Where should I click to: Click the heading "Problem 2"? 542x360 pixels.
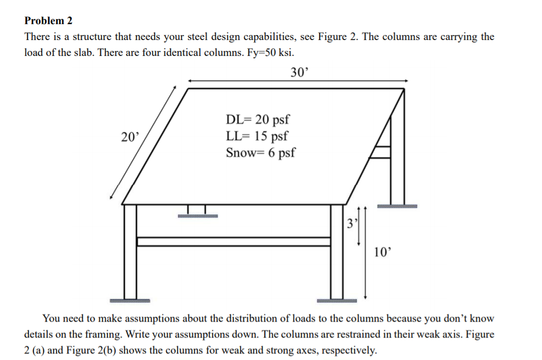[x=48, y=21]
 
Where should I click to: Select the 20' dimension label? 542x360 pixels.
[x=130, y=137]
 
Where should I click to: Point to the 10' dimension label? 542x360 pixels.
[x=383, y=252]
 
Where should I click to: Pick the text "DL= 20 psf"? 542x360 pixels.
[x=258, y=119]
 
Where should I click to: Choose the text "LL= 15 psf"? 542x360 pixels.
[x=256, y=136]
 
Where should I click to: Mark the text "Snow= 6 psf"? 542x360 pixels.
[x=260, y=152]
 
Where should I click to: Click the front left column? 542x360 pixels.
[x=130, y=252]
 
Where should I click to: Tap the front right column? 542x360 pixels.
[x=336, y=252]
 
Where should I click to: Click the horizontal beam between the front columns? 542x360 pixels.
[x=233, y=242]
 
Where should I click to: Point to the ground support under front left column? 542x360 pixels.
[x=129, y=301]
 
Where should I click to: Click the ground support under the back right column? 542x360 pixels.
[x=396, y=207]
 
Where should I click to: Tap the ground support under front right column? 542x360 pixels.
[x=336, y=301]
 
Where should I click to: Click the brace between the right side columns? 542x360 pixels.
[x=381, y=151]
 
